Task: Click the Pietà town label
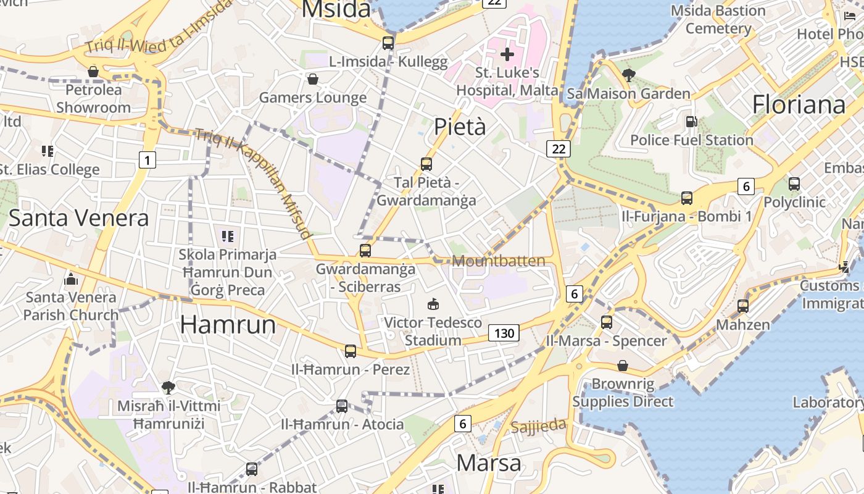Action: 460,127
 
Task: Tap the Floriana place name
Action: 799,104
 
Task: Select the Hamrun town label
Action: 228,324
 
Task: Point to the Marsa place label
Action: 489,463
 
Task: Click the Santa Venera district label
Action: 78,218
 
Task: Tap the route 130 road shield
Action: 504,333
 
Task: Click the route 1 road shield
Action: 147,161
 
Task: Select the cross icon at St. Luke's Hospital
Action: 507,54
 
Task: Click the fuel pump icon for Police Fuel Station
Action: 692,122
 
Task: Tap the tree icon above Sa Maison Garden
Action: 629,75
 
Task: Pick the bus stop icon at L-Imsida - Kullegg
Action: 388,43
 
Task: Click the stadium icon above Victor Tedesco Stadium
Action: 433,304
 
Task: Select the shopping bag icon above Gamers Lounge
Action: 313,79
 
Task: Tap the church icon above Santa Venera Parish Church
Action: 70,279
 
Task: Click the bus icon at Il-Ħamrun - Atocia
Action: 342,406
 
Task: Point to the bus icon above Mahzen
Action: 743,306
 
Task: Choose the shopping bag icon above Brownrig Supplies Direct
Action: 623,366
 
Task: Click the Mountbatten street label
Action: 499,261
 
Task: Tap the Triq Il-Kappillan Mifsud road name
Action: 253,183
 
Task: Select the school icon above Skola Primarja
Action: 228,236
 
